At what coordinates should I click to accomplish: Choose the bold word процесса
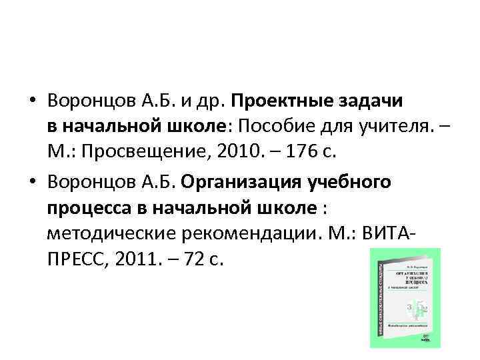point(88,207)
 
